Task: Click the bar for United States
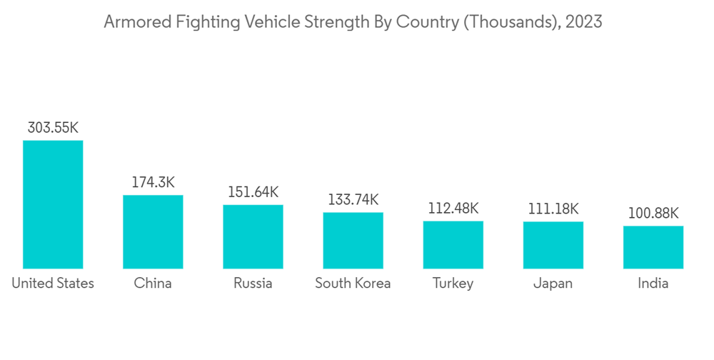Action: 53,204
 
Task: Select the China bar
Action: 153,231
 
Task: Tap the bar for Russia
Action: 253,236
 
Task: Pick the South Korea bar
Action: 353,240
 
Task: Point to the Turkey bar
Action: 453,244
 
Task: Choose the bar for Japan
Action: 553,245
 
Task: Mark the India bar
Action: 653,247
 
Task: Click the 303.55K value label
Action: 53,128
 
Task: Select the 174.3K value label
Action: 153,182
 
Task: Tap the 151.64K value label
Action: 253,192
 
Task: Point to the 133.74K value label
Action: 353,200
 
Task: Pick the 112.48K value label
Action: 453,209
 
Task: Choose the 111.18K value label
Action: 553,209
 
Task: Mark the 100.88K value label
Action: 653,213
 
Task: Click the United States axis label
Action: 53,284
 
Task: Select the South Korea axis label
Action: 353,284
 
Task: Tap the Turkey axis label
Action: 453,284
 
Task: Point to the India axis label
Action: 653,284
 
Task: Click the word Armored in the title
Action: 131,22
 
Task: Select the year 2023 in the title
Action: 583,22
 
